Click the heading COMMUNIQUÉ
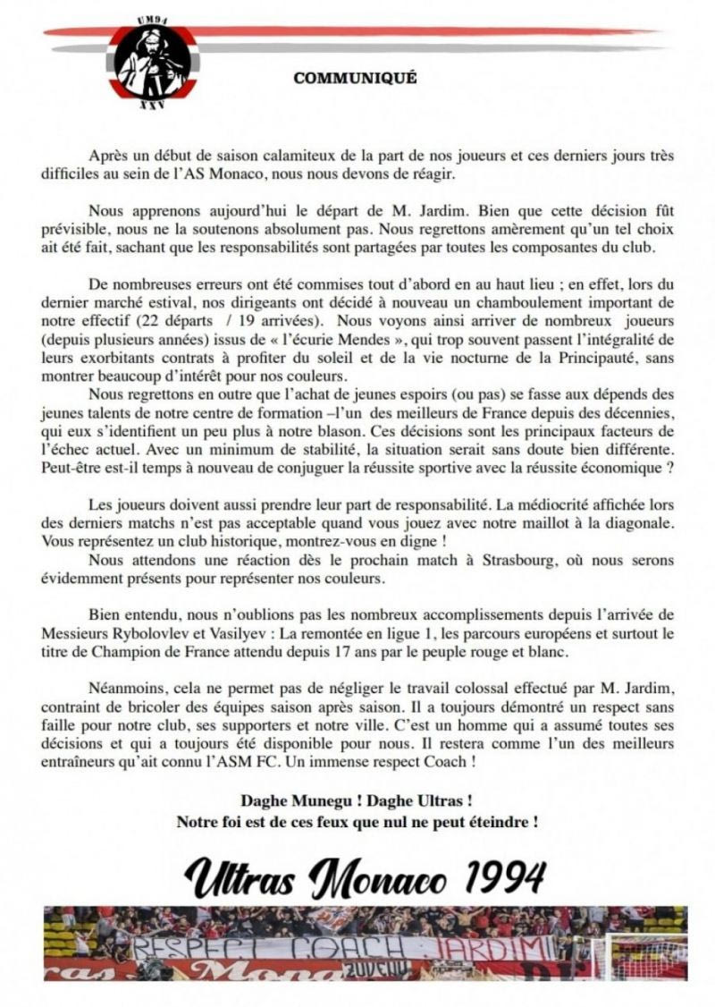(x=355, y=79)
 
